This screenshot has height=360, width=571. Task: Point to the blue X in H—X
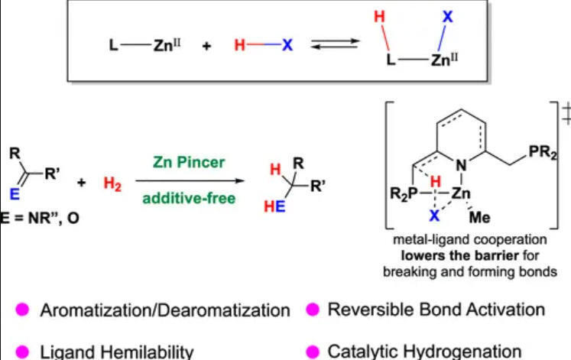click(287, 46)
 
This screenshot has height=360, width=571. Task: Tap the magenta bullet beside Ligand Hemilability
click(23, 353)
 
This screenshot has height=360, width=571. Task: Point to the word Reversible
click(365, 310)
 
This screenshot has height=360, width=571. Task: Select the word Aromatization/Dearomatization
click(164, 310)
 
